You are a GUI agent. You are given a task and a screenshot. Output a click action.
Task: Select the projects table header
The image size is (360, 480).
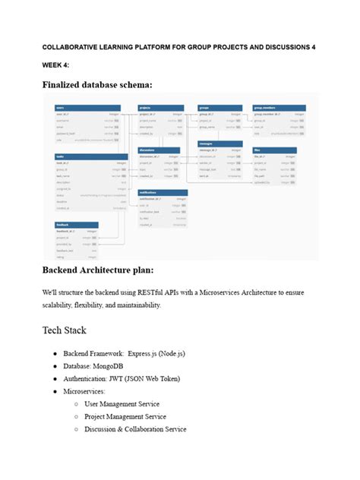coord(160,108)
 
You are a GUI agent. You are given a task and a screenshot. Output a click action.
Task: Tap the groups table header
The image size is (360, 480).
coord(219,108)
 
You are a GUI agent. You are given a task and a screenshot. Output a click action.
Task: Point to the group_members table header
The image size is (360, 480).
coord(279,108)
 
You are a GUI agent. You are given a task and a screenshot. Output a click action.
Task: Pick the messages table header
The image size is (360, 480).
coord(219,143)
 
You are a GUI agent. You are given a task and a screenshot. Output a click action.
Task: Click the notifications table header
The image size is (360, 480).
coord(162,192)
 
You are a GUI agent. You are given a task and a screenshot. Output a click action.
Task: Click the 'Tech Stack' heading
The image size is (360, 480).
coord(65,330)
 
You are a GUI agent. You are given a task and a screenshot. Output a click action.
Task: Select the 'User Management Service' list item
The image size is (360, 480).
coord(122,404)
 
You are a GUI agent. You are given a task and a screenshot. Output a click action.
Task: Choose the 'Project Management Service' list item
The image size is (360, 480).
coord(125,416)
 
